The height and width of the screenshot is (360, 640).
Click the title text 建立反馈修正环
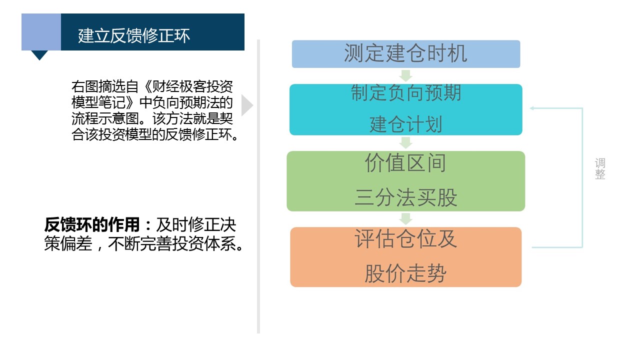pos(133,35)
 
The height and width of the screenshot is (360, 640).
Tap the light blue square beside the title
pos(41,32)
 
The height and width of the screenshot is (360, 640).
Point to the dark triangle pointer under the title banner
pos(39,55)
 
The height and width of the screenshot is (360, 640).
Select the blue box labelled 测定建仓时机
pos(406,54)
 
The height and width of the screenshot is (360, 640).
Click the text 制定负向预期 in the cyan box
pos(406,93)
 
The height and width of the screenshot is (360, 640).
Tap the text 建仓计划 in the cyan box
pos(406,124)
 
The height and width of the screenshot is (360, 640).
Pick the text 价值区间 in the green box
pos(405,162)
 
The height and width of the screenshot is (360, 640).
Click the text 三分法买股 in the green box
pos(406,197)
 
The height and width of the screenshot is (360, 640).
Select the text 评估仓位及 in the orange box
pos(406,238)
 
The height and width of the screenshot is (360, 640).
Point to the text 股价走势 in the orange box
pos(405,273)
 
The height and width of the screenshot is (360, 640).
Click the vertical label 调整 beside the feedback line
pos(600,168)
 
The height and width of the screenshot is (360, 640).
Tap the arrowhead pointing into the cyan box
pos(532,108)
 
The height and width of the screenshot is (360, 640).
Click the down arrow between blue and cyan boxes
pos(406,75)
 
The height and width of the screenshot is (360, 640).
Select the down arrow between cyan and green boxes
pos(406,143)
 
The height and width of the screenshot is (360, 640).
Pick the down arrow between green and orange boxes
pos(406,219)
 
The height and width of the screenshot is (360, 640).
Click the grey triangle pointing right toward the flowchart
pos(247,105)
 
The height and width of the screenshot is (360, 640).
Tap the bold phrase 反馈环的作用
pos(92,224)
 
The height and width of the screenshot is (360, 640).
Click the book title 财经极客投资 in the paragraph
pos(192,86)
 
